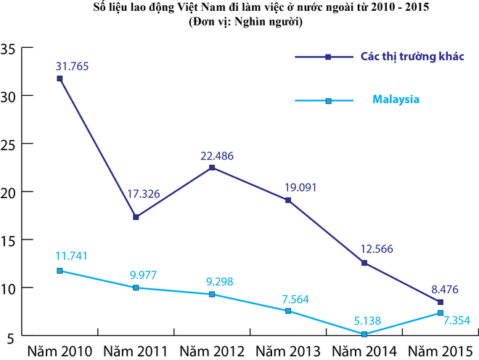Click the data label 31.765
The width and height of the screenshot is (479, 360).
click(x=70, y=66)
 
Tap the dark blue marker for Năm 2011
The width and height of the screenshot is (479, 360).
click(x=136, y=217)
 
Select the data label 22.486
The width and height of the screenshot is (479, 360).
click(x=212, y=155)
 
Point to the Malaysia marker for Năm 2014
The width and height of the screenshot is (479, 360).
click(x=364, y=334)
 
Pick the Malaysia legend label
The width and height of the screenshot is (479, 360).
click(x=396, y=99)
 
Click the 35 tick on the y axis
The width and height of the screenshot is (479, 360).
click(x=9, y=49)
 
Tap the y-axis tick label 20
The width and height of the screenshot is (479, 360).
click(x=9, y=192)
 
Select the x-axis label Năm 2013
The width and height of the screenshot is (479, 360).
click(x=288, y=351)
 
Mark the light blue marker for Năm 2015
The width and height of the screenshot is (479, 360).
click(x=440, y=313)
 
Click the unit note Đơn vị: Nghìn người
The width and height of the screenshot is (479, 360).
click(x=239, y=22)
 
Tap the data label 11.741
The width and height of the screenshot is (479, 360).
click(x=70, y=256)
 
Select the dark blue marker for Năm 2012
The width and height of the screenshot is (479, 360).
click(x=212, y=168)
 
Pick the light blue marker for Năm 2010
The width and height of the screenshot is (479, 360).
click(x=60, y=271)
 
